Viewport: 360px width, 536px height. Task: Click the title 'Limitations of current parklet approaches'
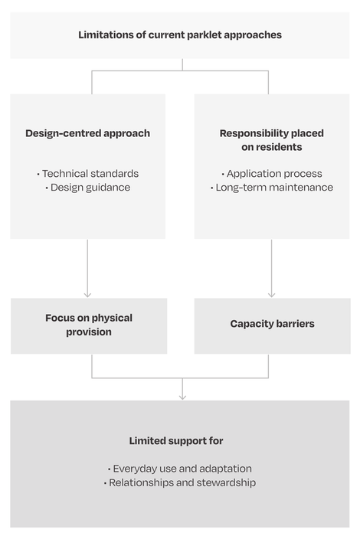pyautogui.click(x=180, y=35)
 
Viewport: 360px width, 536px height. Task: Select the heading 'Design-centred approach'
pyautogui.click(x=88, y=133)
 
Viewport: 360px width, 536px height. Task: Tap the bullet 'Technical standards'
pyautogui.click(x=88, y=174)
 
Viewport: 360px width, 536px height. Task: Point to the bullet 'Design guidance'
pyautogui.click(x=88, y=188)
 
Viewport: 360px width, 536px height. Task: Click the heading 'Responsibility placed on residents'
pyautogui.click(x=272, y=140)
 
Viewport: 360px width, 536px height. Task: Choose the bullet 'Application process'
pyautogui.click(x=272, y=174)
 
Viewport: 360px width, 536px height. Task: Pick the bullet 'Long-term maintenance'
pyautogui.click(x=272, y=188)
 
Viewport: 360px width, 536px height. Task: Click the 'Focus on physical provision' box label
pyautogui.click(x=89, y=325)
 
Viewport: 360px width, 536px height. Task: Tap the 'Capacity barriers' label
pyautogui.click(x=272, y=324)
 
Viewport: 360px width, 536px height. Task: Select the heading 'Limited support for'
pyautogui.click(x=176, y=441)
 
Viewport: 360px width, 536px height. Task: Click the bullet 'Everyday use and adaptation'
pyautogui.click(x=180, y=469)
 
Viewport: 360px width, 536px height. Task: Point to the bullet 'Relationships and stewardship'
pyautogui.click(x=180, y=482)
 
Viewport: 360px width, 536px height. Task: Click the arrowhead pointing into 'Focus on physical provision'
pyautogui.click(x=87, y=295)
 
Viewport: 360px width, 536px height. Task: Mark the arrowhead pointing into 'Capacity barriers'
pyautogui.click(x=272, y=295)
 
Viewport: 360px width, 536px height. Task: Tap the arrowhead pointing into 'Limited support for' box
pyautogui.click(x=182, y=397)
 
